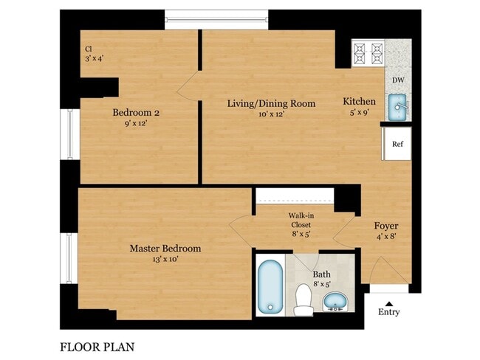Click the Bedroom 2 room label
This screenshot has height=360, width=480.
136,113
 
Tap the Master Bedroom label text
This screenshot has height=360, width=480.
165,249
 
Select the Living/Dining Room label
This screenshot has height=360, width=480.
270,103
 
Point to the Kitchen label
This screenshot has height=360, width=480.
359,101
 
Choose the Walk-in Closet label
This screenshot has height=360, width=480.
300,220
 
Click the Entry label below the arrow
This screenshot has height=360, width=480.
388,312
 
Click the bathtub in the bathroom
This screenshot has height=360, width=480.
270,285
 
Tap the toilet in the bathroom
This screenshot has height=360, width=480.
303,300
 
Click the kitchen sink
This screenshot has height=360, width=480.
398,108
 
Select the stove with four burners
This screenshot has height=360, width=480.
368,52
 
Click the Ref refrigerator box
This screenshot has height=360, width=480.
397,144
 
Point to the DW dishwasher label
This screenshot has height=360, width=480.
397,80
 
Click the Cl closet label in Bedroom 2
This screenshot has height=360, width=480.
88,49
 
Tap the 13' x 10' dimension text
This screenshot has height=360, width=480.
165,260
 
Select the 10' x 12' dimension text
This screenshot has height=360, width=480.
270,114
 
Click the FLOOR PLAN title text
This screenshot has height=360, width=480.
97,345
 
